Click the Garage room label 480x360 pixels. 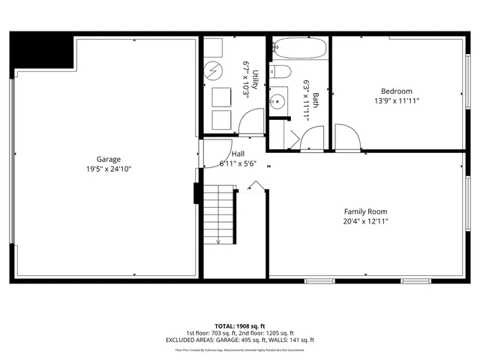coord(108,159)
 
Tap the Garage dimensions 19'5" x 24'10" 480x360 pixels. coord(108,169)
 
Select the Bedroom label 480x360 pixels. coord(397,91)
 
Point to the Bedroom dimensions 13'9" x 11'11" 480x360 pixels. coord(397,100)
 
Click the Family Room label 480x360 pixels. coord(366,211)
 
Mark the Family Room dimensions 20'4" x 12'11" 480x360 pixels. coord(366,221)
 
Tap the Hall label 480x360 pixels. coord(238,154)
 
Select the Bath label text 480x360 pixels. coord(316,100)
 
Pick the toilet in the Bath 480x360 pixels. coord(282,73)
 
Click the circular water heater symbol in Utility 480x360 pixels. coord(214,72)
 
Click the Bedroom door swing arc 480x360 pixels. coord(348,136)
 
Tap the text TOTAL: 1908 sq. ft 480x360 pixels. coord(240,325)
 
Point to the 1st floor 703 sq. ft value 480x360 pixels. coord(225,333)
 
